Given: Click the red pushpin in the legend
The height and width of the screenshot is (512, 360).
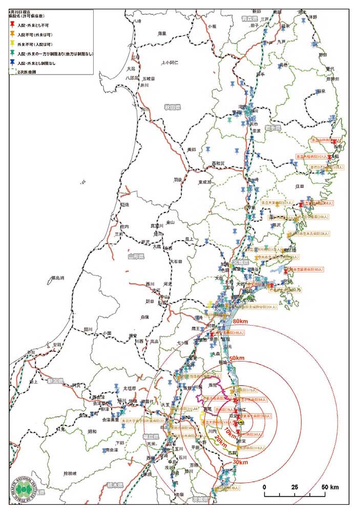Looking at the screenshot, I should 13,25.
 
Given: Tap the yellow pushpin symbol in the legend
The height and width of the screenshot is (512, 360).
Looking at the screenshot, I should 13,44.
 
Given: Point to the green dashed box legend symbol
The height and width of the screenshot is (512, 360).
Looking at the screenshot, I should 13,71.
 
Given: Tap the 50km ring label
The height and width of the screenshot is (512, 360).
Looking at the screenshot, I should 236,358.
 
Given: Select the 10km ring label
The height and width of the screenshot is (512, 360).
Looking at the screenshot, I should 224,433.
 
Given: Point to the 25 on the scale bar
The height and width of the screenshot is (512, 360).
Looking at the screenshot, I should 294,486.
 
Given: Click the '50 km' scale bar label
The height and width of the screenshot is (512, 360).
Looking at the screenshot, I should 330,486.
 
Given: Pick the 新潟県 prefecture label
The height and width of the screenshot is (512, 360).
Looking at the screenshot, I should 54,381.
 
